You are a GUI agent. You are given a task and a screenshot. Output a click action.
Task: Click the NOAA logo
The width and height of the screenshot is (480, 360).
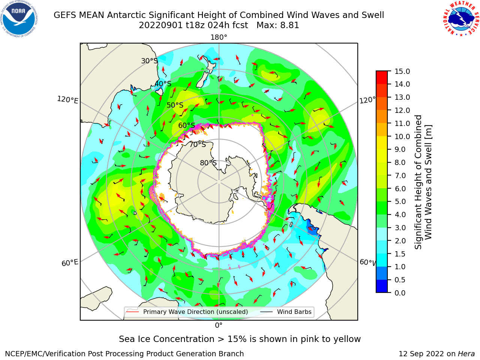point(19,19)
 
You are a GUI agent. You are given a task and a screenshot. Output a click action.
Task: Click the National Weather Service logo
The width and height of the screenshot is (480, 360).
point(461,19)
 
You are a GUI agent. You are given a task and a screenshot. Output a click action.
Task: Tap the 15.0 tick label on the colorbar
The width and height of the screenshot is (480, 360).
point(402,71)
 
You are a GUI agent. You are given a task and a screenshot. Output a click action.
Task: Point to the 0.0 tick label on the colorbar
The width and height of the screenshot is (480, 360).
point(400,293)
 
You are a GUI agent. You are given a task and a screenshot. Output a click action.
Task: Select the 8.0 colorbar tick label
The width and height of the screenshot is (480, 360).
point(400,163)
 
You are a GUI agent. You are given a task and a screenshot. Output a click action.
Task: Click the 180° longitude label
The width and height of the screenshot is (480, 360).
point(219,37)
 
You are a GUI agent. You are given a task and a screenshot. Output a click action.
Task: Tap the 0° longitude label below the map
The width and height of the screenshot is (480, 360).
point(219,325)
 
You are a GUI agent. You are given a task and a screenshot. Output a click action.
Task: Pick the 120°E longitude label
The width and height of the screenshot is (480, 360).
point(67,100)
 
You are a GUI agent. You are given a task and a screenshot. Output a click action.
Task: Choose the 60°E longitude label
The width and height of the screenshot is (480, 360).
point(70,263)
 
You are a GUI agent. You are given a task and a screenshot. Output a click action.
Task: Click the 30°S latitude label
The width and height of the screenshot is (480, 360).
point(149,61)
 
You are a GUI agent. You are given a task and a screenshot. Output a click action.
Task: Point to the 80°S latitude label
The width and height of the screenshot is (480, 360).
point(208,163)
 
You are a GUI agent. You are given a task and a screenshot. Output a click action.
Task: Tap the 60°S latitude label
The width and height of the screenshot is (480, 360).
point(186,125)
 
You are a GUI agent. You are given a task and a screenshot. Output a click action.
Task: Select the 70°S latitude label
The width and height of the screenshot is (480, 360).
point(198,144)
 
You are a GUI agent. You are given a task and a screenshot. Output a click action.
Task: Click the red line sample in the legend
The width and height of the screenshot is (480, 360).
point(133,312)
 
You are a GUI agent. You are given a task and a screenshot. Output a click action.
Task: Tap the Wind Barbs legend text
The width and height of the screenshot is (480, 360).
point(294,312)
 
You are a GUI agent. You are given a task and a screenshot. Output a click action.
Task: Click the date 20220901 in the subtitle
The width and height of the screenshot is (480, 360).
point(161,25)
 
